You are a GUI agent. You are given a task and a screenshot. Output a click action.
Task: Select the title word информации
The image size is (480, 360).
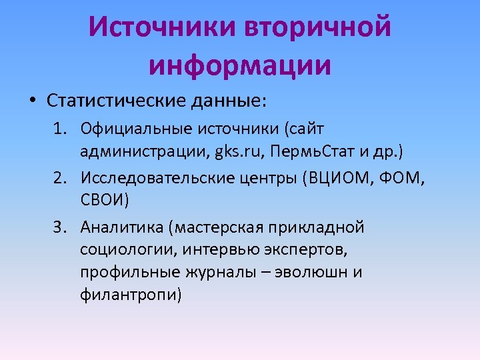240,65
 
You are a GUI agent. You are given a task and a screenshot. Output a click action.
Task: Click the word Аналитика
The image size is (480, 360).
123,227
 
